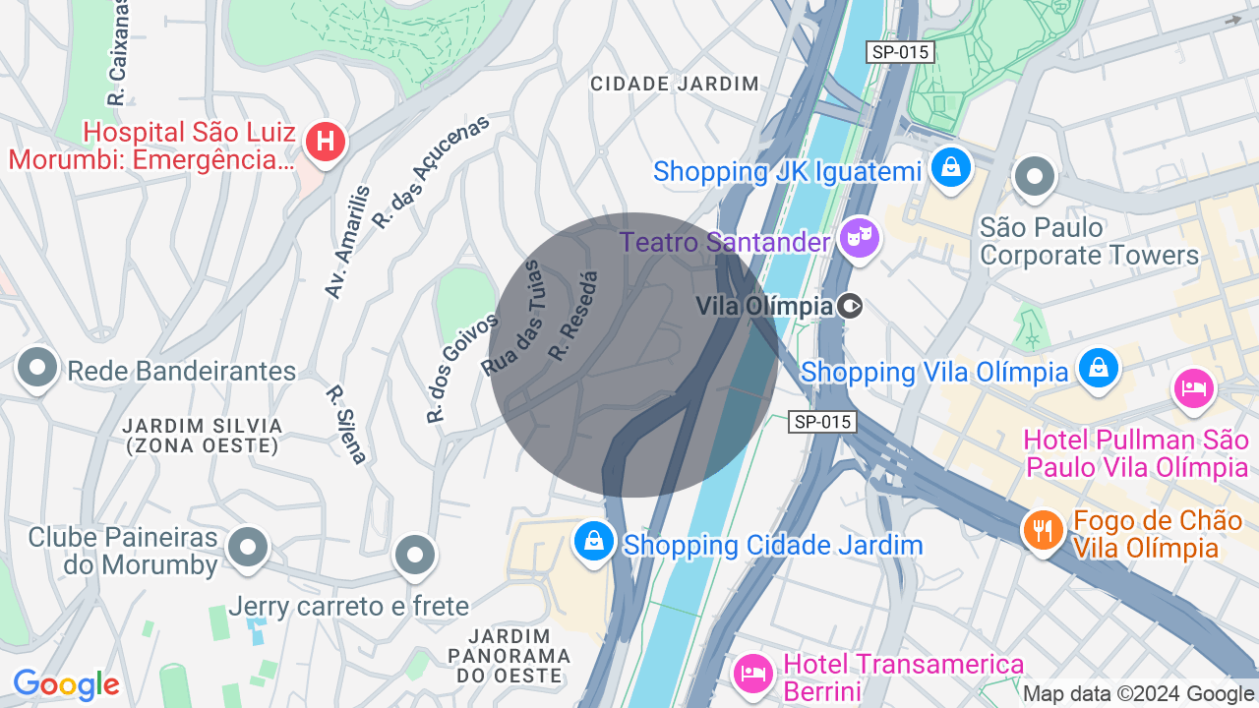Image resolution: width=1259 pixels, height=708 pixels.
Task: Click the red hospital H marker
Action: (325, 143)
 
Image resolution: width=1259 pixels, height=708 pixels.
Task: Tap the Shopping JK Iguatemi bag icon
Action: (951, 167)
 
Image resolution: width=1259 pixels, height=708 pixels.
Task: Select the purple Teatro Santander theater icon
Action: (861, 238)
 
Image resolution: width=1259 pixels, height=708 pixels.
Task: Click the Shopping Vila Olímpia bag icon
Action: (1097, 369)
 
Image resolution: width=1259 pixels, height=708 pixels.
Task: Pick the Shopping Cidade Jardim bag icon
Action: (594, 541)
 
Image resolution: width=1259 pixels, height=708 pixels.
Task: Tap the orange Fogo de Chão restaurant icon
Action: (1043, 530)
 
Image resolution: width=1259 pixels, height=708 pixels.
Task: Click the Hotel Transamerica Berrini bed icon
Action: (753, 673)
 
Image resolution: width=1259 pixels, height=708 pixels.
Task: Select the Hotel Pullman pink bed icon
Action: (1193, 386)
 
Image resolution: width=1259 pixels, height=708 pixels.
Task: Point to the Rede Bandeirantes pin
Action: (38, 369)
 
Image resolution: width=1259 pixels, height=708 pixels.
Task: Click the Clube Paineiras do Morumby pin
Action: (248, 548)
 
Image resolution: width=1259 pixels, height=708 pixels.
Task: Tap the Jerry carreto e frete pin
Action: (414, 556)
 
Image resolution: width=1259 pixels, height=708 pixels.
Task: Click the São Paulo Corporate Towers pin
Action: (1034, 178)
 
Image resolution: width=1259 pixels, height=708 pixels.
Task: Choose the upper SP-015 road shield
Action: (900, 52)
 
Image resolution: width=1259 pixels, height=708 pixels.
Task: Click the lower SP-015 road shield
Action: (823, 422)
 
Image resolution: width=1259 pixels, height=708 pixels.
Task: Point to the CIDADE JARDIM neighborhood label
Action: (675, 84)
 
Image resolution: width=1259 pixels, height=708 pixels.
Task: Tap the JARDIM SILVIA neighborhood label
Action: (203, 435)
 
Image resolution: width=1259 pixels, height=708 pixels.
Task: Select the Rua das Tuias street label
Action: (512, 319)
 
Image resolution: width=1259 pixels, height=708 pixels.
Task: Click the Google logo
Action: (66, 684)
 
